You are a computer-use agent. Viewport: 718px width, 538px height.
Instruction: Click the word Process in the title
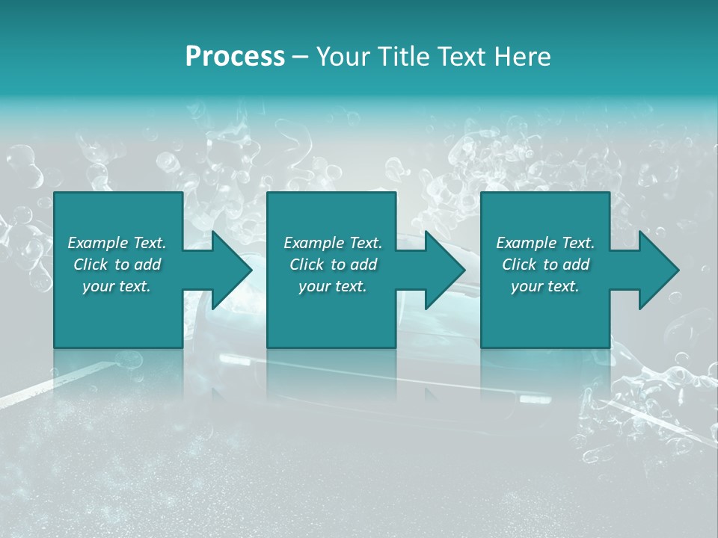(235, 57)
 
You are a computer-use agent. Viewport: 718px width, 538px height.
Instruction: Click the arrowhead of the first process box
(228, 270)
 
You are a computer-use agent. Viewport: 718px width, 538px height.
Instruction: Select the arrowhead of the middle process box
(441, 270)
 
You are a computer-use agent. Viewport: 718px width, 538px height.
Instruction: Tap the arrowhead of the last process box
(655, 270)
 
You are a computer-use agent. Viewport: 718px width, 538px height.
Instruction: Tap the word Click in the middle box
(307, 265)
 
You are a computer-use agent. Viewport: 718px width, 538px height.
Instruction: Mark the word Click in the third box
(519, 265)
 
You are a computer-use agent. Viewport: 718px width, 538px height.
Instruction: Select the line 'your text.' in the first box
(116, 286)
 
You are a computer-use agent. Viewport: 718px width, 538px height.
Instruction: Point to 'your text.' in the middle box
(332, 286)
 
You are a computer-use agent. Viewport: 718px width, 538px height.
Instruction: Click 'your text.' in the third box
(544, 286)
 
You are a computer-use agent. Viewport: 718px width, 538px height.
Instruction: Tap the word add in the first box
(147, 265)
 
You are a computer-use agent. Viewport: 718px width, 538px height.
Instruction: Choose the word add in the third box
(576, 265)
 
